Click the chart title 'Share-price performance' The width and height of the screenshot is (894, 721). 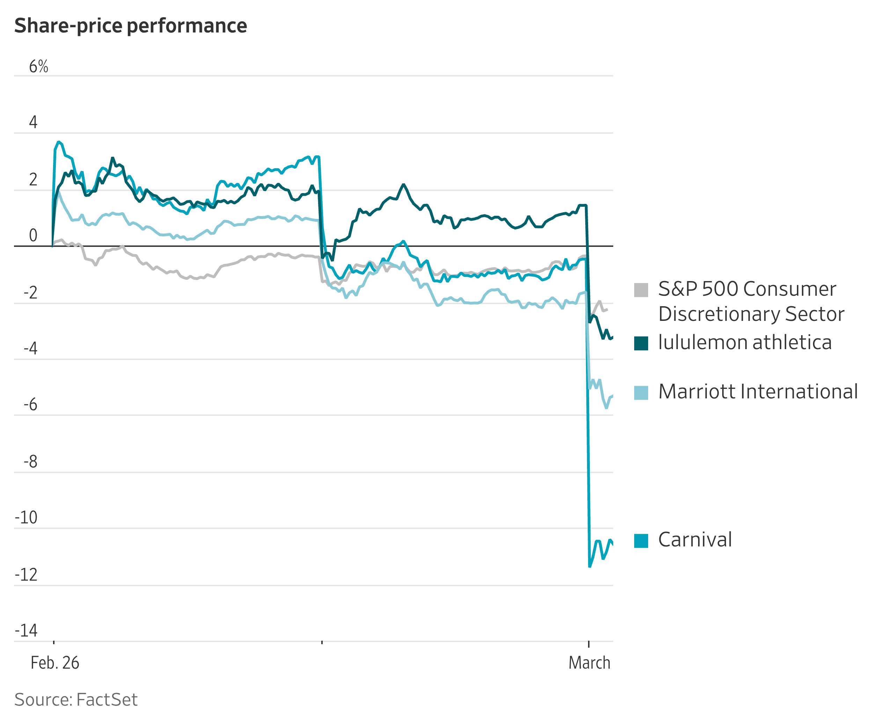pos(131,26)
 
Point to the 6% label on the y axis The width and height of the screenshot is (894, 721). pos(38,66)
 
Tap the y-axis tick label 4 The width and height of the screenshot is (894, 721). pos(33,122)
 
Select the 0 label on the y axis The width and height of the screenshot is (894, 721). pos(33,235)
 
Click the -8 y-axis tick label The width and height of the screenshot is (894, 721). pos(30,462)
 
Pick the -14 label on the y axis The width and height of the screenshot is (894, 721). pos(26,631)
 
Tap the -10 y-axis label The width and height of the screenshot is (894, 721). pos(26,517)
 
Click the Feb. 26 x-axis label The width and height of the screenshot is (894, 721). pos(55,663)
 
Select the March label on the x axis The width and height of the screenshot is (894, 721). pos(589,663)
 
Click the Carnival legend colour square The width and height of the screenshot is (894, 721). pos(641,541)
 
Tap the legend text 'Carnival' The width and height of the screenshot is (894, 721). pos(695,540)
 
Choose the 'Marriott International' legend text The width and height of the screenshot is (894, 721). pos(758,392)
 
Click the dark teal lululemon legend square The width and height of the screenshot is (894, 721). pos(641,344)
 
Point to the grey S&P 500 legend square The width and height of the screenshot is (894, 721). pos(641,290)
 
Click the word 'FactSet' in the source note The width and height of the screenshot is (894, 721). pos(107,700)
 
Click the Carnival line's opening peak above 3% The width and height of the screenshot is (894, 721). pos(59,142)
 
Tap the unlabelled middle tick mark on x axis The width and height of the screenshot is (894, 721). pos(322,642)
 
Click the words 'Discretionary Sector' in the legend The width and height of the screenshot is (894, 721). pos(751,314)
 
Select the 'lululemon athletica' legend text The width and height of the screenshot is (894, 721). pos(745,343)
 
